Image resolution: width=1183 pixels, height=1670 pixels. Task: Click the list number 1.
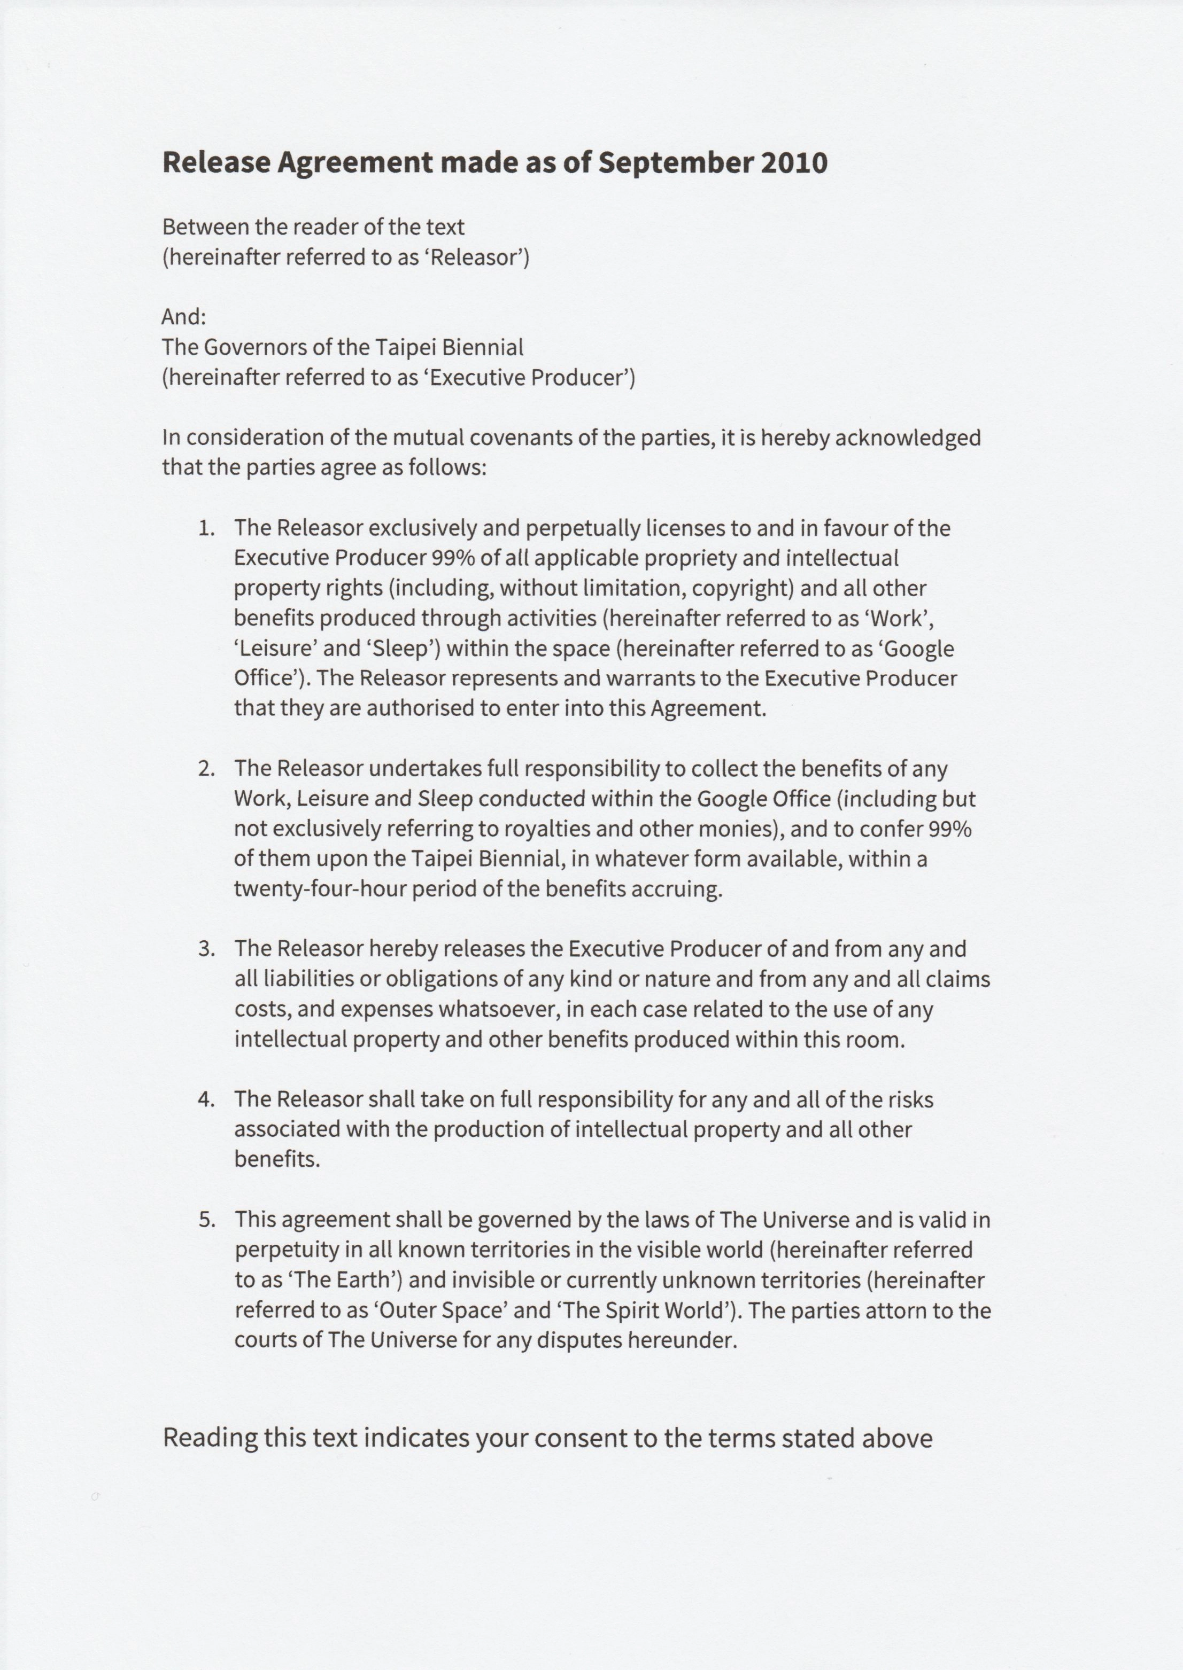click(206, 528)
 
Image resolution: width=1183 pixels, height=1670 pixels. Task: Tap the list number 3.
click(206, 949)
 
